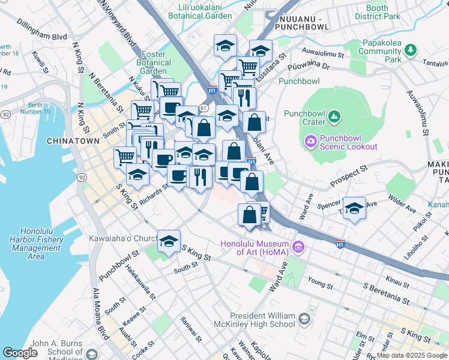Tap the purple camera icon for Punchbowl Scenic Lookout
pos(311,142)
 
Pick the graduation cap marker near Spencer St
pos(355,209)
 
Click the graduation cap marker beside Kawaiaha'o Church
pos(169,241)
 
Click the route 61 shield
pos(204,108)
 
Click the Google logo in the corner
pos(20,353)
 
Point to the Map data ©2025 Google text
pos(411,355)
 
